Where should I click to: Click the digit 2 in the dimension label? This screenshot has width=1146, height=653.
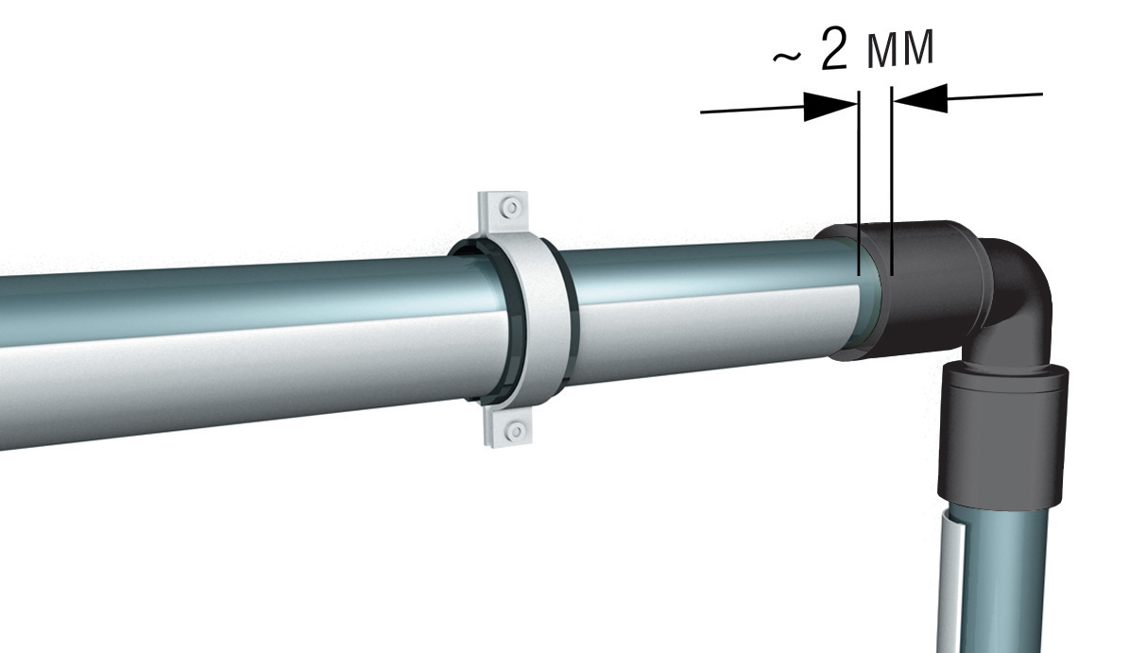coord(834,49)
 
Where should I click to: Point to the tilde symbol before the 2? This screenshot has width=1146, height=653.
coord(787,58)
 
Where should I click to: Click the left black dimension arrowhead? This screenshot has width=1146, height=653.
coord(830,107)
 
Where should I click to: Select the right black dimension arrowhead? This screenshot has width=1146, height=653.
coord(920,97)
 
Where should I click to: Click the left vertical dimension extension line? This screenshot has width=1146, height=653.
coord(859,183)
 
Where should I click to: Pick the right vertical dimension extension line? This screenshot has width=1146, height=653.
coord(892,180)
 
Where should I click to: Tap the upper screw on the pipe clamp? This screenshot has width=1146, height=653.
coord(511,207)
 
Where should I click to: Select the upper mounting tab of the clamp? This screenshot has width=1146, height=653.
coord(503,215)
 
